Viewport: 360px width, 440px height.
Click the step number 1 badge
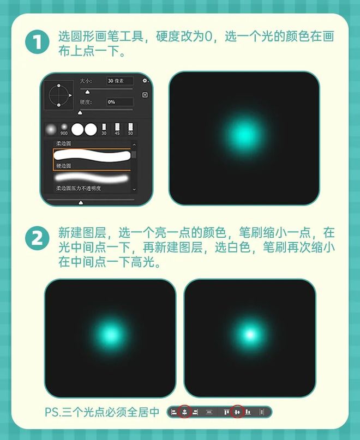tap(37, 43)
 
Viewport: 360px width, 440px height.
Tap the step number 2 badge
tap(37, 238)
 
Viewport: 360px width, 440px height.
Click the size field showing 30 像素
tap(120, 81)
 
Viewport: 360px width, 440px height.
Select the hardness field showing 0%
tap(120, 102)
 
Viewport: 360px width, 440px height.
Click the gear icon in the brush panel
tap(145, 81)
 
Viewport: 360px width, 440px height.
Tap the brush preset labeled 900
tap(64, 129)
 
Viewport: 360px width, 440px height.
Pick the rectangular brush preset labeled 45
tap(117, 129)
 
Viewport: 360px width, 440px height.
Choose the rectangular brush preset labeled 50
tap(130, 129)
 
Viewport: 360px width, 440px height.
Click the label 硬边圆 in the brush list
tap(63, 166)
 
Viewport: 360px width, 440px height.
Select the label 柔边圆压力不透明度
tap(79, 188)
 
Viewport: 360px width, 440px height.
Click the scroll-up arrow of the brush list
tap(134, 144)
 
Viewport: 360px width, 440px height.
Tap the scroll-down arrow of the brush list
tap(134, 189)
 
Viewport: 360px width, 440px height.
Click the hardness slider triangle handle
tap(80, 113)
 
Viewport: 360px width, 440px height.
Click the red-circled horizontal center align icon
tap(184, 412)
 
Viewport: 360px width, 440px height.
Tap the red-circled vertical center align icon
tap(237, 412)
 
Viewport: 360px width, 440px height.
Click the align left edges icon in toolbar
tap(174, 412)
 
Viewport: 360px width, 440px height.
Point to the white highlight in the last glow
tap(250, 334)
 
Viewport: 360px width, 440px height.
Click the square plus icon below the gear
tap(145, 95)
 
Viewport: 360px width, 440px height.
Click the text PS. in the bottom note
tap(53, 412)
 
